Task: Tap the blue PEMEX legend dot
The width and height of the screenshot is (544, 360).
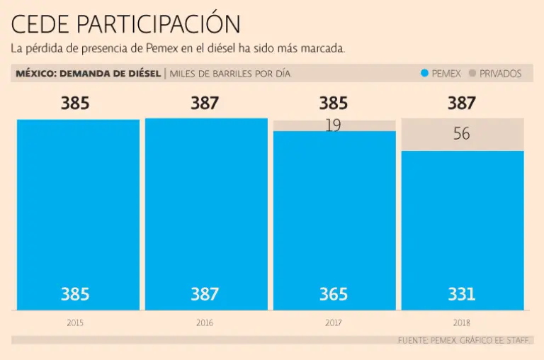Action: (x=424, y=74)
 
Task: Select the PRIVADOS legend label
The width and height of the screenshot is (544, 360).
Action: (x=500, y=74)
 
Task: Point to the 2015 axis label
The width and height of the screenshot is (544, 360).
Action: (x=75, y=322)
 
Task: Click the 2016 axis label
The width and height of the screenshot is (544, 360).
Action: (x=205, y=322)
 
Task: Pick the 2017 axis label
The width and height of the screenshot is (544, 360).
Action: (x=334, y=322)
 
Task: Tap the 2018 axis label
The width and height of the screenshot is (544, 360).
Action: (x=462, y=322)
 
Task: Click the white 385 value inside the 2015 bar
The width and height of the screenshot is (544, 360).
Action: (x=75, y=293)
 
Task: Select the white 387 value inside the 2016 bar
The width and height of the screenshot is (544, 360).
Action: (x=205, y=293)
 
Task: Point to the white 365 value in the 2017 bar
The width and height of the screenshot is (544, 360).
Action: (x=334, y=293)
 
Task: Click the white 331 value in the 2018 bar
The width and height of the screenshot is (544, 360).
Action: (x=462, y=293)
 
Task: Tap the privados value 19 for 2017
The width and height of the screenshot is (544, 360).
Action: (x=334, y=126)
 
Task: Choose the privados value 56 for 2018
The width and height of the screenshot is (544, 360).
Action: (x=462, y=134)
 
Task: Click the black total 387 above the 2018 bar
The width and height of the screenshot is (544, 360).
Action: (x=462, y=103)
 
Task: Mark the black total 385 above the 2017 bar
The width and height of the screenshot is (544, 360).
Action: (x=334, y=103)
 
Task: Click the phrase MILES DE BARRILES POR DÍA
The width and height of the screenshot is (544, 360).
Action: (x=230, y=74)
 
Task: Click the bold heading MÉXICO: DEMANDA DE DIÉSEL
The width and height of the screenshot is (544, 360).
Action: (x=89, y=74)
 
